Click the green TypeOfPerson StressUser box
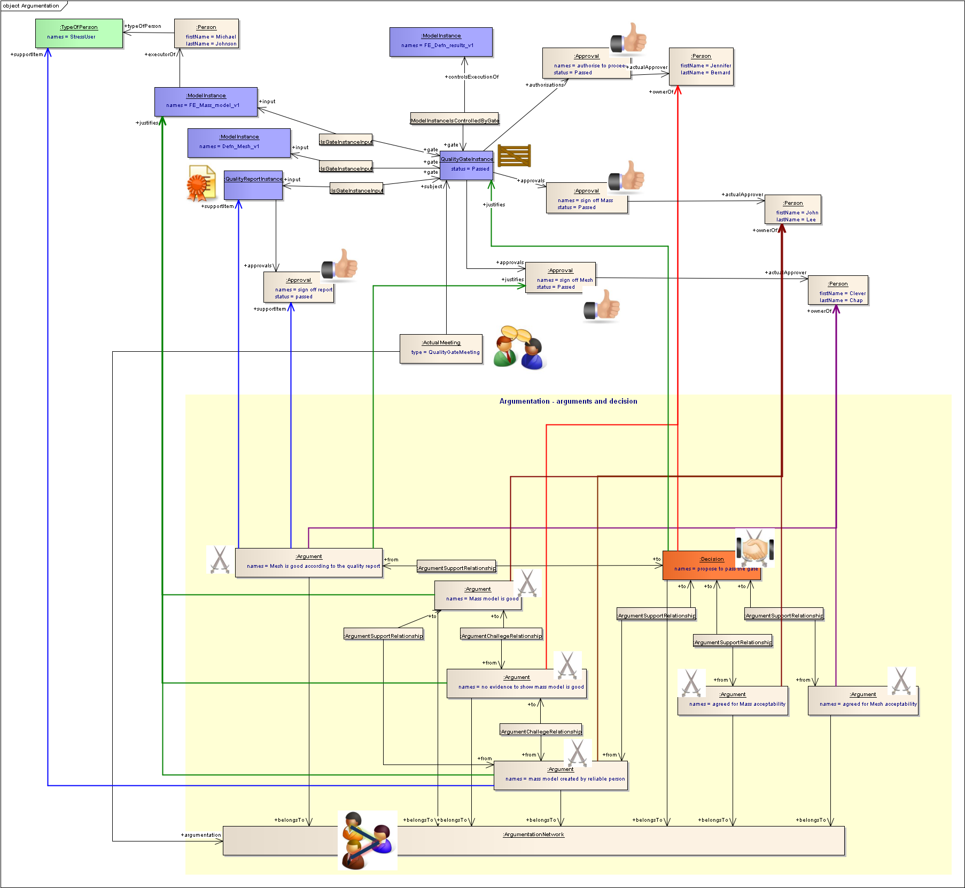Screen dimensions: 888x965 (x=79, y=33)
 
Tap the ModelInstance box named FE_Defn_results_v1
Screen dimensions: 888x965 (x=441, y=42)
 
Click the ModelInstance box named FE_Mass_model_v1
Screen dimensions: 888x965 (x=206, y=102)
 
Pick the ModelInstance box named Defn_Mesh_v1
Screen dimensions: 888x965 (x=239, y=143)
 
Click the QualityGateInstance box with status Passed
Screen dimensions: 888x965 (x=466, y=165)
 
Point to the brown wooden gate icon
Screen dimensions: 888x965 (x=514, y=156)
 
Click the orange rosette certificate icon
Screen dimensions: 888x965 (x=200, y=183)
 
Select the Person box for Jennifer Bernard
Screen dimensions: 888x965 (x=701, y=66)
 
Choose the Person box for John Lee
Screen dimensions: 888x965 (x=793, y=209)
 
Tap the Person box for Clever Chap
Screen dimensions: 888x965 (x=838, y=290)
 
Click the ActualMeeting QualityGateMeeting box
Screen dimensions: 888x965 (x=441, y=349)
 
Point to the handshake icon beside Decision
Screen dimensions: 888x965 (x=754, y=548)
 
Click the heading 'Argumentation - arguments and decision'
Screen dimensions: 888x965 (x=568, y=401)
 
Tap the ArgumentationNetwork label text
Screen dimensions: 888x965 (x=533, y=835)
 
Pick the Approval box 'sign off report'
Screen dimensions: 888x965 (x=299, y=288)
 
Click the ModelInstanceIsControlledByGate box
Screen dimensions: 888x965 (x=455, y=119)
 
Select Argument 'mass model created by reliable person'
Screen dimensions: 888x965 (x=561, y=775)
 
